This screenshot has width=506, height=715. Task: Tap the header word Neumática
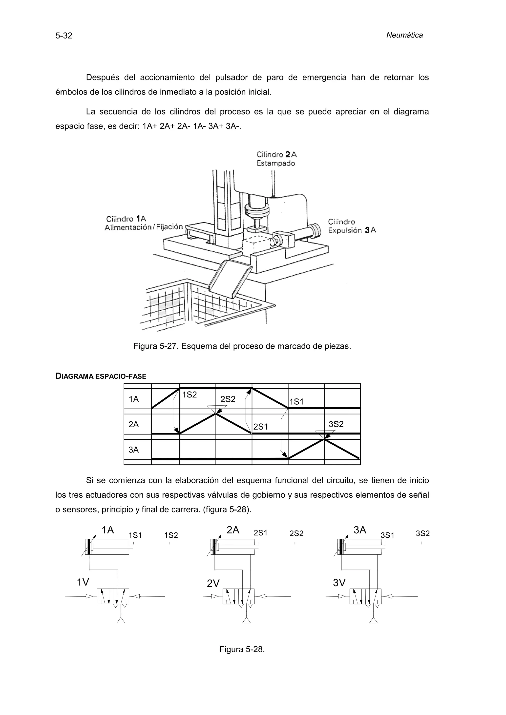coord(404,35)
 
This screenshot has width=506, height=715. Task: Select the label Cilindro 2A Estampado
coord(276,159)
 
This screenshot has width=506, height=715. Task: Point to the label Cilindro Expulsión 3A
coord(352,226)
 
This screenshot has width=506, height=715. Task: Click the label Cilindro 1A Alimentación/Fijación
coord(143,223)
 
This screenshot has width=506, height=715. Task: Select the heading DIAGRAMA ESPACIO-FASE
coord(101,376)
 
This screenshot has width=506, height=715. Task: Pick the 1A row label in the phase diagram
coord(134,399)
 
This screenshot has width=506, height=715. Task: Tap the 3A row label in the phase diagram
coord(134,450)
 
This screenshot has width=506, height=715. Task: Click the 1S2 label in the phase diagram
coord(190,395)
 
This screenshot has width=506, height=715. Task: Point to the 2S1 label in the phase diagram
coord(260,427)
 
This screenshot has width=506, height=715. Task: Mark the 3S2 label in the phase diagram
coord(336,424)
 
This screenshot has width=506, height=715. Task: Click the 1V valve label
coord(83,582)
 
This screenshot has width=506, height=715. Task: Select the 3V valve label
coord(339,583)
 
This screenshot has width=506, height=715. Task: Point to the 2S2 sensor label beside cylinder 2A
coord(296,533)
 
